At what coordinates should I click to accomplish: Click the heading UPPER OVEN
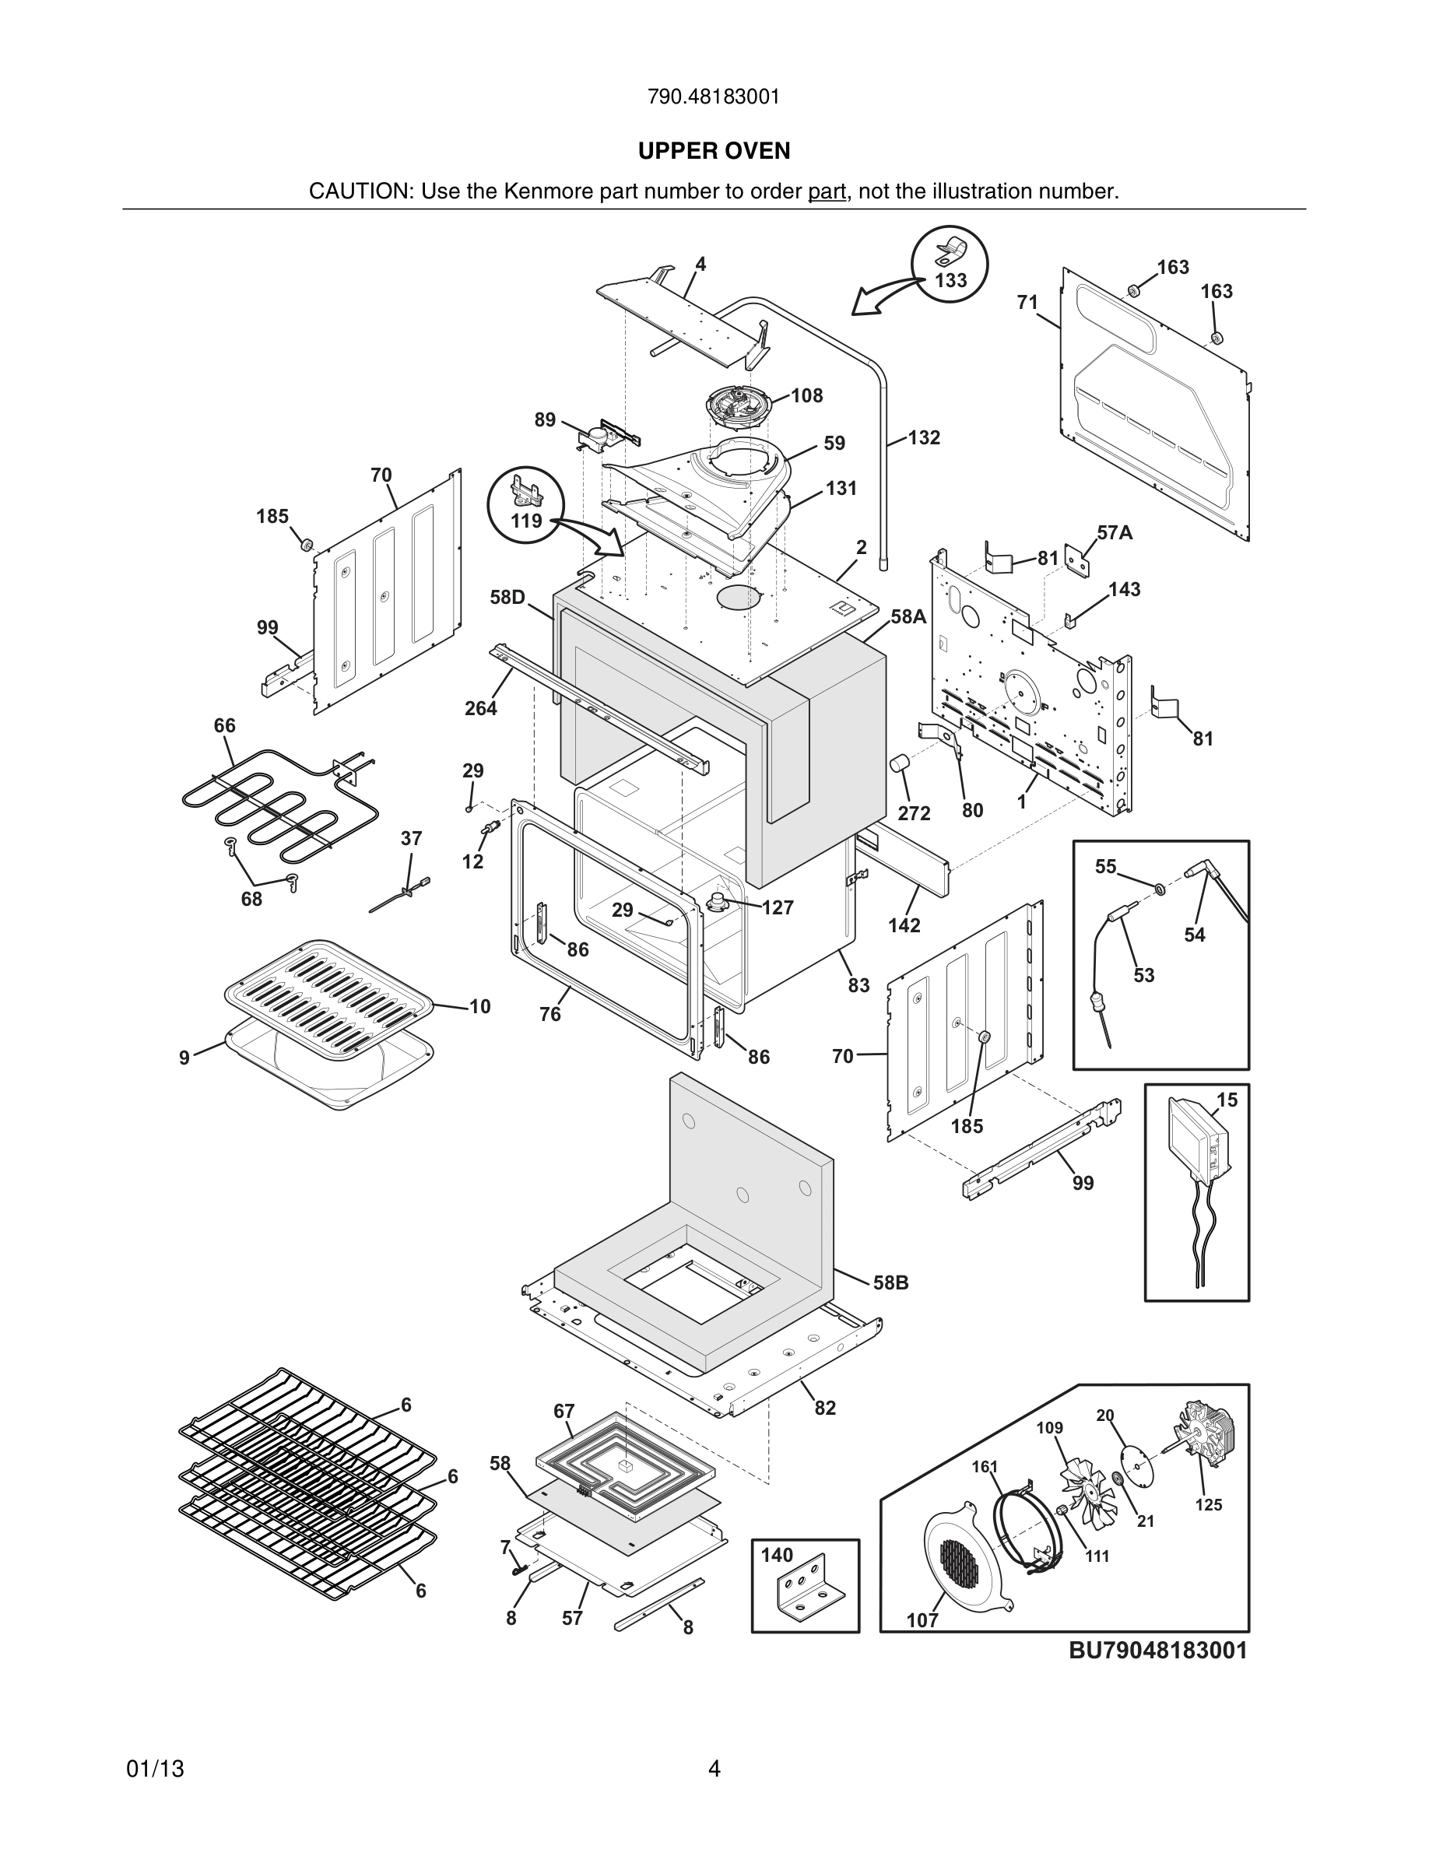pos(714,151)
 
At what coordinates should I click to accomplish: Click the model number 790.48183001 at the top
pos(714,97)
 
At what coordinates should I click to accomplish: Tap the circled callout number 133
pos(950,280)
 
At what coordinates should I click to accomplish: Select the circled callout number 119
pos(525,521)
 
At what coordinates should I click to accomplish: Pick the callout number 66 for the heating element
pos(224,725)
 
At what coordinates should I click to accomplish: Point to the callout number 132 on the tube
pos(925,437)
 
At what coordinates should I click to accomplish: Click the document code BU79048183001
pos(1158,1650)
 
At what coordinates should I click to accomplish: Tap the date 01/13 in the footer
pos(155,1770)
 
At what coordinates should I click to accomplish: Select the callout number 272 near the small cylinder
pos(915,812)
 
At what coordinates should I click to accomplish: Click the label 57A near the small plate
pos(1114,532)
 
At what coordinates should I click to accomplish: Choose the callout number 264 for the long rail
pos(480,709)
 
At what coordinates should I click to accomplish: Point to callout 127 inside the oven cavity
pos(777,907)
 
